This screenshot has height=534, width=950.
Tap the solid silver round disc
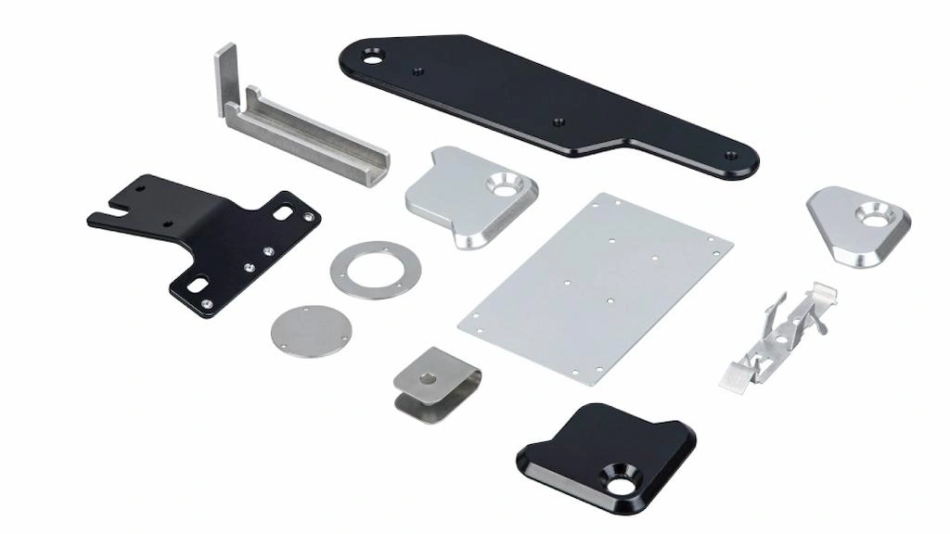(x=309, y=331)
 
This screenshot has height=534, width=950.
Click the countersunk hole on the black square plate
(x=617, y=477)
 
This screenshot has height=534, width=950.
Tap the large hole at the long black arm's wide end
(x=373, y=57)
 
